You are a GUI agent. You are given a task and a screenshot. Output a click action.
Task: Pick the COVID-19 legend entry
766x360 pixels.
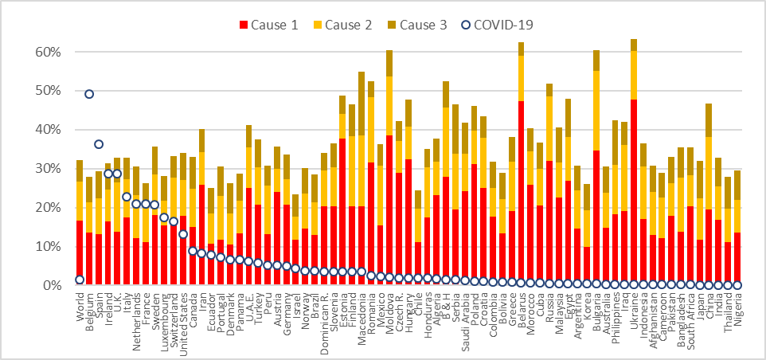pyautogui.click(x=502, y=25)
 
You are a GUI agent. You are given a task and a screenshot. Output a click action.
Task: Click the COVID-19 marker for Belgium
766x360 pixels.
pyautogui.click(x=89, y=94)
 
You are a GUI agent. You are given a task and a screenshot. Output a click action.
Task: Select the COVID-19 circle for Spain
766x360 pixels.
pyautogui.click(x=99, y=144)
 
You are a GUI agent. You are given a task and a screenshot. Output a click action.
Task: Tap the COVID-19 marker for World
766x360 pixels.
pyautogui.click(x=80, y=280)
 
